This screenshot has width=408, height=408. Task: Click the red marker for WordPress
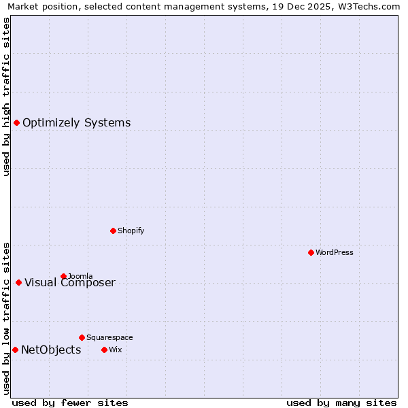click(x=311, y=252)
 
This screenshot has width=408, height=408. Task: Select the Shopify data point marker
click(x=113, y=231)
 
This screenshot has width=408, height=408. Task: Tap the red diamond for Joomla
click(x=63, y=276)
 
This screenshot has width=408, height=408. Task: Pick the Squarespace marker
click(x=82, y=337)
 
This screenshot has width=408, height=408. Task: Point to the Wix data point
click(x=104, y=350)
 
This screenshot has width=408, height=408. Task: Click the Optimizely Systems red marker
click(x=16, y=122)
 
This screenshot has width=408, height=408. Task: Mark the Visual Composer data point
click(x=18, y=282)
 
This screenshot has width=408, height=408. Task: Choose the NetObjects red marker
click(x=15, y=350)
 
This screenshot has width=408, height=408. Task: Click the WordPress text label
click(x=335, y=252)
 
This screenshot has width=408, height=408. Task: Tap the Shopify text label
click(x=131, y=231)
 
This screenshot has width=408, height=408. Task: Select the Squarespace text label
click(x=109, y=337)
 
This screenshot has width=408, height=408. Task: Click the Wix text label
click(x=115, y=350)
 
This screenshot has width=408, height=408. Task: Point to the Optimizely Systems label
click(x=76, y=122)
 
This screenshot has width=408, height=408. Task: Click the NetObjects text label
click(x=51, y=350)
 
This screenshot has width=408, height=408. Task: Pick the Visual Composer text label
click(x=70, y=283)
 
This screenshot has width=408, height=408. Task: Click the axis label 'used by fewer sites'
click(x=70, y=403)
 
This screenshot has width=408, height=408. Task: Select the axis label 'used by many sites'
click(x=341, y=403)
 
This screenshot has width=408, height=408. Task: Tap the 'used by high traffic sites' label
click(x=6, y=97)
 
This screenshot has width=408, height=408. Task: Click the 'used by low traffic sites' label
click(x=6, y=318)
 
